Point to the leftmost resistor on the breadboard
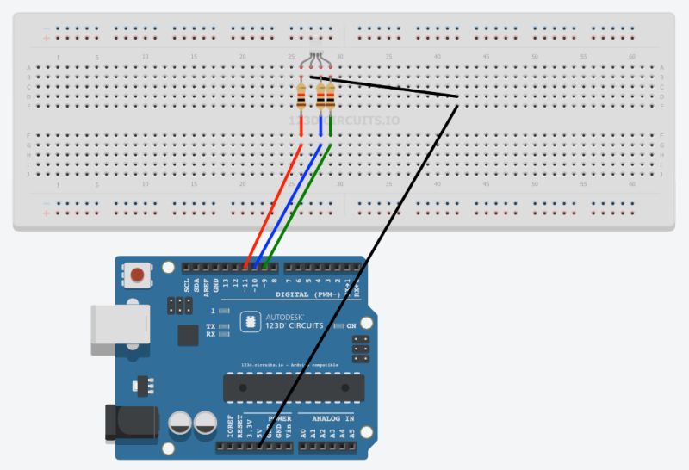pos(301,96)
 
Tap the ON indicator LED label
pos(351,326)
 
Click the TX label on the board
pos(211,326)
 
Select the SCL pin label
pos(186,287)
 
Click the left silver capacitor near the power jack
pos(181,424)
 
